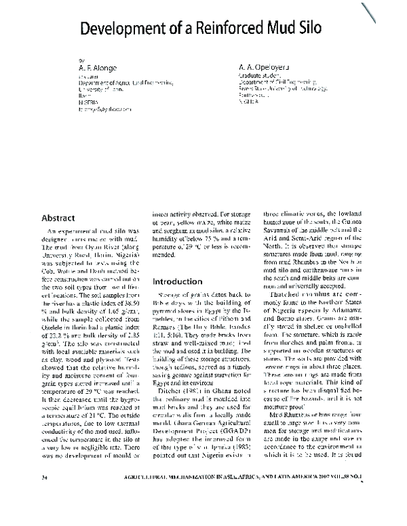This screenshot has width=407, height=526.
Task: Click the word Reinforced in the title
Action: point(203,29)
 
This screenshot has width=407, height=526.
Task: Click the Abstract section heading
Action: point(58,218)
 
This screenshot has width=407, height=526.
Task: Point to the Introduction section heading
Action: point(178,281)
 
